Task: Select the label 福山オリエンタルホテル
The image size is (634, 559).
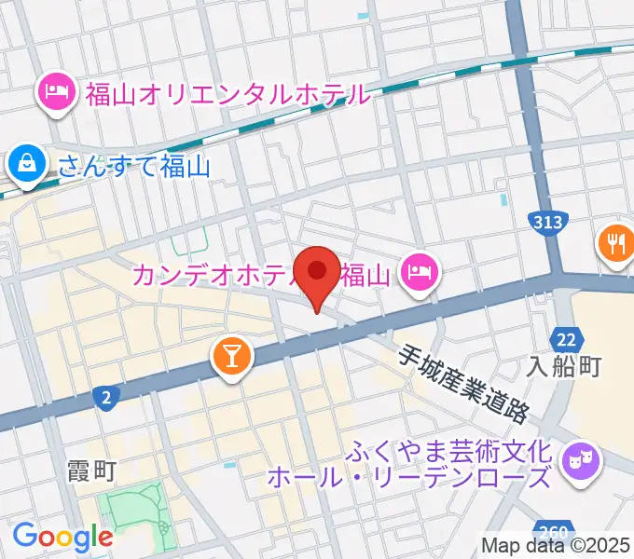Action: [x=228, y=94]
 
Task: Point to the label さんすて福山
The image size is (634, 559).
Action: [x=133, y=167]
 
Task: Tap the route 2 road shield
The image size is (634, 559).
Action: [x=107, y=399]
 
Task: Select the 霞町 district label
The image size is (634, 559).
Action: [x=92, y=470]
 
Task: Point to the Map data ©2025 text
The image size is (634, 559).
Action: [x=556, y=545]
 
